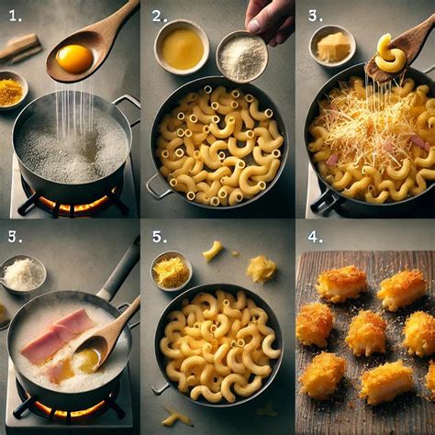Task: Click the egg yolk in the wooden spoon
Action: coord(73,59)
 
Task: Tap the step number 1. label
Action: coord(16,17)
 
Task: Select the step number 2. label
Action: coord(160,16)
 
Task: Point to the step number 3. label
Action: coord(316,16)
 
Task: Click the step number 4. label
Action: coord(316,236)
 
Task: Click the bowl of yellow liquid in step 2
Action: coord(182,47)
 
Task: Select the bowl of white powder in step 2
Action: coord(242,56)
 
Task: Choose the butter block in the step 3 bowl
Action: coord(333,45)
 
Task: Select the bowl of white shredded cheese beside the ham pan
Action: coord(23,273)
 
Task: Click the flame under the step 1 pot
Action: coord(74,203)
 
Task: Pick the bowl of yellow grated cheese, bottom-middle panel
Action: coord(171,271)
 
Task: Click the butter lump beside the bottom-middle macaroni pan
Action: coord(262,269)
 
